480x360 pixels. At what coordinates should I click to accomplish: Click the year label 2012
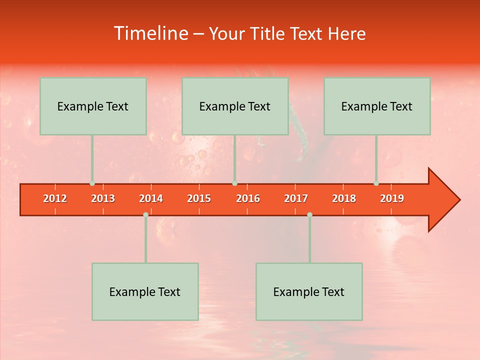click(55, 198)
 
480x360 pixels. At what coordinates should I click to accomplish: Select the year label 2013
click(103, 198)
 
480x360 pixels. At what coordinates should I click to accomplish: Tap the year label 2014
click(151, 198)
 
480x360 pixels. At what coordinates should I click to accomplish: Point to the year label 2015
click(199, 198)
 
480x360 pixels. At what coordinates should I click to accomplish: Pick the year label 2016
click(248, 198)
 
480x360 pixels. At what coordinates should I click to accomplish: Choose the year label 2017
click(296, 198)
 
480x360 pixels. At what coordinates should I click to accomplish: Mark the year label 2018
click(344, 198)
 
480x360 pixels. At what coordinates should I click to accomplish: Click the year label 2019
click(392, 198)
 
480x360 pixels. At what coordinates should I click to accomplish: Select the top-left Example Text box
click(93, 106)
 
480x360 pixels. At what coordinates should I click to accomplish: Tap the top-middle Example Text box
click(235, 106)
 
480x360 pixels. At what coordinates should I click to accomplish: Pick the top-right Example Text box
click(377, 106)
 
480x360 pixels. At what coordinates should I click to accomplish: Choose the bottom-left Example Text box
click(145, 291)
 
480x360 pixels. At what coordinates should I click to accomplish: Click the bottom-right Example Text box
click(309, 291)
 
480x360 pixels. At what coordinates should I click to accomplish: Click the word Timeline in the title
click(151, 33)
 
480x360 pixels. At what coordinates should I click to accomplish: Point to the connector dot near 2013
click(92, 183)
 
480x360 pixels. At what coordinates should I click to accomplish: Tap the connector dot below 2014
click(145, 214)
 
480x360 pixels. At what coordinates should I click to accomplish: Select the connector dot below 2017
click(309, 214)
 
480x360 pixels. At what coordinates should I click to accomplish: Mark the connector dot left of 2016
click(234, 183)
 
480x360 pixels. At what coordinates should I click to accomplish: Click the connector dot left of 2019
click(376, 183)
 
